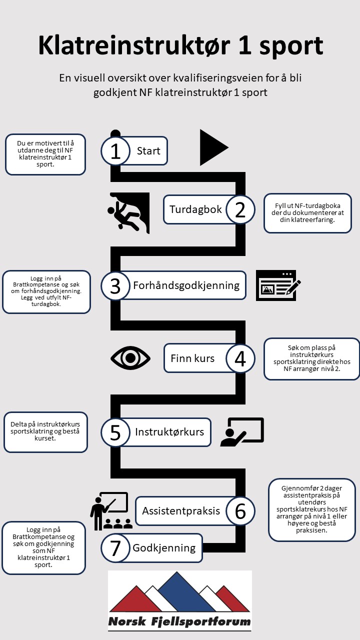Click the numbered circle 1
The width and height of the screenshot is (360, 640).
coord(115,150)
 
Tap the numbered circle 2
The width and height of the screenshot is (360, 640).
coord(240,209)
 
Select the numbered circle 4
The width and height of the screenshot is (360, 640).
coord(240,358)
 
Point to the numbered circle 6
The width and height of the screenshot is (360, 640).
coord(240,511)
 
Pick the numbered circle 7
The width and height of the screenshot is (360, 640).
coord(115,548)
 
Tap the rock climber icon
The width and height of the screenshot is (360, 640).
coord(129,212)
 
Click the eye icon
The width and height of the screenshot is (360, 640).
coord(130,357)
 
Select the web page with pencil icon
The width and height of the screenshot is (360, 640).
coord(278,285)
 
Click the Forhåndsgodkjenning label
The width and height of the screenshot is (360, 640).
coord(186,285)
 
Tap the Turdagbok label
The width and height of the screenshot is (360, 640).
coord(195,209)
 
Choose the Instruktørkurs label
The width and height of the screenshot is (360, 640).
coord(169,431)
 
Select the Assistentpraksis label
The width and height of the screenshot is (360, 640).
coord(181,511)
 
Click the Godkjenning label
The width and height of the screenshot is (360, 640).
coord(164,548)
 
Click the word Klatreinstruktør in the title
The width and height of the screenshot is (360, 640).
coord(127,46)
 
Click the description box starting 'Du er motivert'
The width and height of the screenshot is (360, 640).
coord(45,154)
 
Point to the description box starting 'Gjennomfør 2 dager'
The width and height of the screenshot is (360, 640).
coord(312,509)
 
